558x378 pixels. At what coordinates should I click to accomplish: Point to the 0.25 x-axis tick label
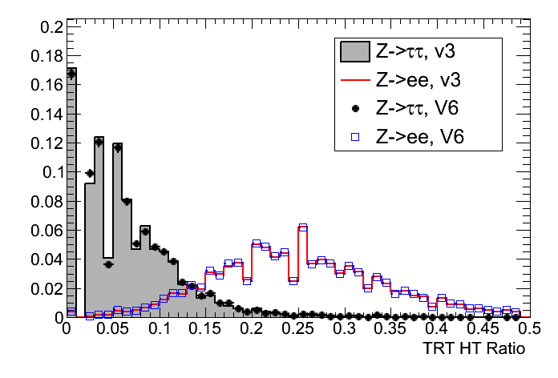coord(298,329)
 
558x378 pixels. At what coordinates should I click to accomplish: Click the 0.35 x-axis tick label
coord(391,329)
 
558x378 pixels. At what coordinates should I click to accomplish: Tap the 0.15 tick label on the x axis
coord(205,329)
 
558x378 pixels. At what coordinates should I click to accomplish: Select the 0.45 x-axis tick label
coord(484,329)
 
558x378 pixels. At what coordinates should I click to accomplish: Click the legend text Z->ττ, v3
coord(418,52)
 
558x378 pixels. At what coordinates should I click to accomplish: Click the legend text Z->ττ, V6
coord(418,109)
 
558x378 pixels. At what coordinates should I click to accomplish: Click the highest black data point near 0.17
coord(71,73)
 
